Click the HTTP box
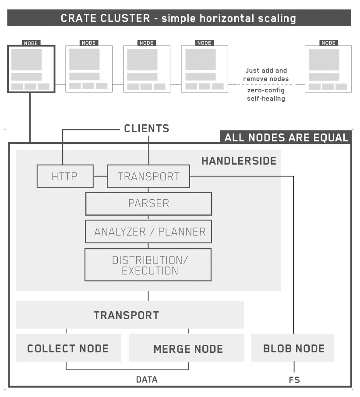[65, 176]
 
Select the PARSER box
[148, 204]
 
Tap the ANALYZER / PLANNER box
[148, 232]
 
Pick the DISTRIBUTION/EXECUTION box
[148, 265]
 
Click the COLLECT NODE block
[68, 348]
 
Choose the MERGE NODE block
[188, 349]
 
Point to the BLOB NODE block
[293, 348]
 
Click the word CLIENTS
[146, 129]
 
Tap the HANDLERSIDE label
[239, 161]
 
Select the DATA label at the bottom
[146, 379]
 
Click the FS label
[294, 380]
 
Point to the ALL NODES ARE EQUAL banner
[286, 137]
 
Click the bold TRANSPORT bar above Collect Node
[126, 315]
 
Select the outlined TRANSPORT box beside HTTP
[148, 176]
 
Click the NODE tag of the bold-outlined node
[31, 43]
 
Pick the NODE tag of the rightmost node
[328, 43]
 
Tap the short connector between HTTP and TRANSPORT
[100, 176]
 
